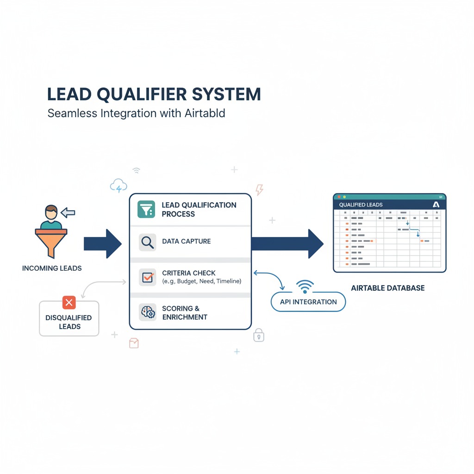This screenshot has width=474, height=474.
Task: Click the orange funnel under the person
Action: click(x=51, y=241)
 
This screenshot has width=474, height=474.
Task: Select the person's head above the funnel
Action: click(x=51, y=213)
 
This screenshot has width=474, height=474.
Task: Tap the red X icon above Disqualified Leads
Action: click(x=69, y=303)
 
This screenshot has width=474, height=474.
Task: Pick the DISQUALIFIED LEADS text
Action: click(x=69, y=322)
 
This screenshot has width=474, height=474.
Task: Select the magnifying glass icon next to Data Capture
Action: click(x=147, y=242)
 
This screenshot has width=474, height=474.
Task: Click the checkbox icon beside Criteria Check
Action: click(x=147, y=277)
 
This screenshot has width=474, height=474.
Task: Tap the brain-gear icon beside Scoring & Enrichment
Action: click(x=147, y=312)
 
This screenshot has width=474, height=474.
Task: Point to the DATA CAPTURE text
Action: click(x=186, y=241)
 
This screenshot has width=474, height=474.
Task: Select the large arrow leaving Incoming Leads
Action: click(x=102, y=243)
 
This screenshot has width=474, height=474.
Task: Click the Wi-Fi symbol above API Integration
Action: click(x=304, y=287)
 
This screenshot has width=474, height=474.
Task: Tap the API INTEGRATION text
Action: click(x=308, y=302)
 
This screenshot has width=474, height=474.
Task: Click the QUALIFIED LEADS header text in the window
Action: click(x=361, y=205)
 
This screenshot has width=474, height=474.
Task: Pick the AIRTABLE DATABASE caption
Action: click(x=387, y=288)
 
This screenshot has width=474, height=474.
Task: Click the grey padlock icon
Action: click(x=258, y=335)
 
